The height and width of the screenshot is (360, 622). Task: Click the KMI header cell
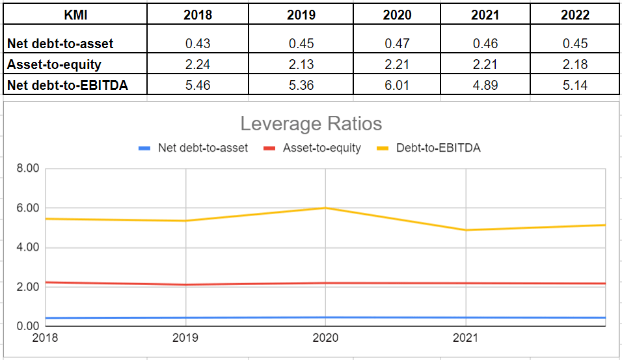click(75, 15)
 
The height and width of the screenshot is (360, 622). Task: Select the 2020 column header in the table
click(397, 15)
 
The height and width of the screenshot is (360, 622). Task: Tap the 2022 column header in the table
click(575, 15)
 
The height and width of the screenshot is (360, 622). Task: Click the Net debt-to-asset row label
click(61, 44)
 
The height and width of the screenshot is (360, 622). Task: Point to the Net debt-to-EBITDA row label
click(68, 85)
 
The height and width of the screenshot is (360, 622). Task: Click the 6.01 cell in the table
click(397, 85)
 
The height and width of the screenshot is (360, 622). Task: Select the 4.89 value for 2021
click(485, 85)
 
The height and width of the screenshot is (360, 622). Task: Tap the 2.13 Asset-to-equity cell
click(301, 64)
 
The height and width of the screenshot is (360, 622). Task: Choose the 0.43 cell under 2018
click(198, 44)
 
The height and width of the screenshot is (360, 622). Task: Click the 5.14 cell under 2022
click(575, 85)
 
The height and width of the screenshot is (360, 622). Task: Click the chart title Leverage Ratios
click(311, 123)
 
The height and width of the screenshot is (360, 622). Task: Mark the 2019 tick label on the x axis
click(185, 337)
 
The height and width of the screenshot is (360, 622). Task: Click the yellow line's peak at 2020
click(325, 208)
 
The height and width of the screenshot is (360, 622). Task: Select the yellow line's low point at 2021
click(465, 230)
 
